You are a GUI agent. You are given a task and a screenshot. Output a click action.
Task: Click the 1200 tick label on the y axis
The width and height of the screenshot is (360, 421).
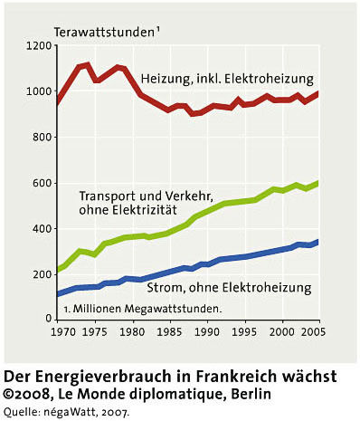39,46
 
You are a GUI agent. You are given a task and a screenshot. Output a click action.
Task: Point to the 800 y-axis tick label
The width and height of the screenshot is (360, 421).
42,138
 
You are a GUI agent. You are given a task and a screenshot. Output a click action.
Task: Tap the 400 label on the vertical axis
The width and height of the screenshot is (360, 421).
42,229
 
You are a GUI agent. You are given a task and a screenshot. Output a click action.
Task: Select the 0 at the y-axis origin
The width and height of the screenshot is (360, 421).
49,319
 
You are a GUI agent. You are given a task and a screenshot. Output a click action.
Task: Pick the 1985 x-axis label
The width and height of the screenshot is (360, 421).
170,331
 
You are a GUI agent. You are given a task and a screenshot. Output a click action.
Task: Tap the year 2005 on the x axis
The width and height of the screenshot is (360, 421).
314,331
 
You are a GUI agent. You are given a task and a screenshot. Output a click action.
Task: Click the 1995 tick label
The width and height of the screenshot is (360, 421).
245,331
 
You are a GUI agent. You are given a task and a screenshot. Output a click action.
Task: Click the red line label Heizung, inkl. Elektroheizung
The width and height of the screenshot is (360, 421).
227,79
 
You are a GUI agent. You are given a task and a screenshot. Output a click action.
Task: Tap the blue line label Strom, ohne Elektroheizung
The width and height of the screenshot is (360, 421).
229,288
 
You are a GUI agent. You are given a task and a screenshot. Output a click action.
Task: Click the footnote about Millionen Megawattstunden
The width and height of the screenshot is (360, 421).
143,309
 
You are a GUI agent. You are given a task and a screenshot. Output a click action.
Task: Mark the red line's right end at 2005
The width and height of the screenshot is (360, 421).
318,94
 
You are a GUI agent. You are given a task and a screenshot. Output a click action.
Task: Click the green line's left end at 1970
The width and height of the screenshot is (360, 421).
58,269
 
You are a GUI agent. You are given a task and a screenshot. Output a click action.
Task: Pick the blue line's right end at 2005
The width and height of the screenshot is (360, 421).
318,242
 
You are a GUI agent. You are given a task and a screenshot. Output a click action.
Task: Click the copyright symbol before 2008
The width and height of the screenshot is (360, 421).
8,395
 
